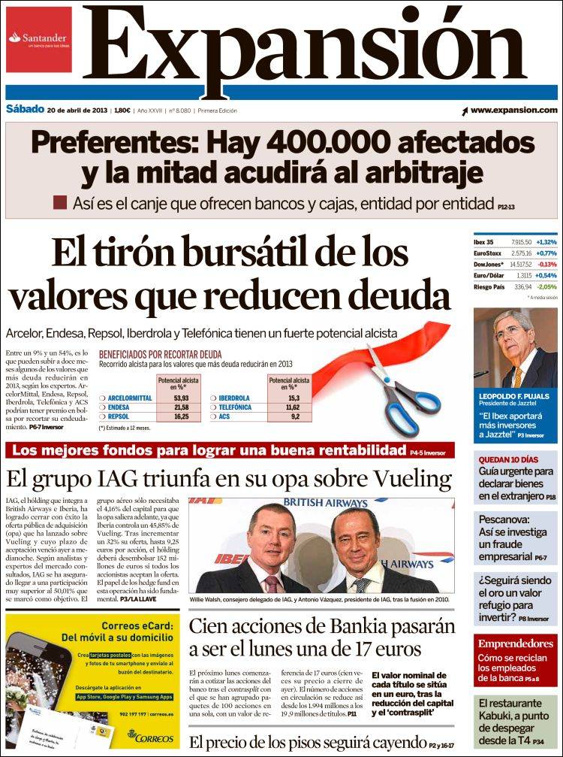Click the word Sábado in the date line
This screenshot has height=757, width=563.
coord(23,110)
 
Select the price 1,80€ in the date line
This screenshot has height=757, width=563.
coord(121,111)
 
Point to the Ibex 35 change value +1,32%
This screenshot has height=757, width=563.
coord(546,242)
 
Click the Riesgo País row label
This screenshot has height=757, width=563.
coord(491,286)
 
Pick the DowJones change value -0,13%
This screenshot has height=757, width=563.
coord(547,265)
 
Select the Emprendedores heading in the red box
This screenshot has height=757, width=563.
coord(516,643)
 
